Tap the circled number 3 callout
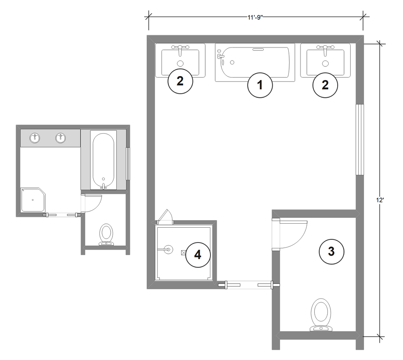click(331, 251)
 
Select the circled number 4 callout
click(197, 254)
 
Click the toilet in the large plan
click(321, 315)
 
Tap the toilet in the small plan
click(106, 234)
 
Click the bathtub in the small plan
click(103, 160)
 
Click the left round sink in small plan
click(34, 138)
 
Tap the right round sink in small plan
click(60, 138)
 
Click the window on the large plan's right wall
click(359, 139)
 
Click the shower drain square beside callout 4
click(183, 252)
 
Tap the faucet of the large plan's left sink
click(180, 47)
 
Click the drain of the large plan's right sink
click(326, 63)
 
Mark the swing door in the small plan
click(92, 203)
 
